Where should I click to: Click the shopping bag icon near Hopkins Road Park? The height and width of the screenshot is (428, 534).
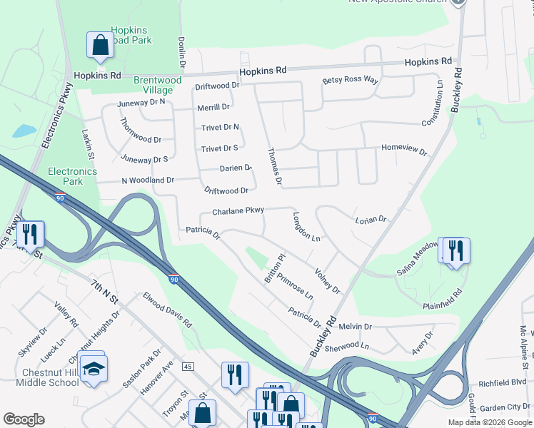(101, 45)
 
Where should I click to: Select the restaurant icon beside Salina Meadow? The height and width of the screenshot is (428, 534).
(455, 251)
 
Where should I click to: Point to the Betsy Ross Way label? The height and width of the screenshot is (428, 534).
(350, 81)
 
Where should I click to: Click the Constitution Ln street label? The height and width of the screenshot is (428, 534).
(433, 103)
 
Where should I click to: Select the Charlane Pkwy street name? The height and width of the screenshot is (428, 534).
(238, 210)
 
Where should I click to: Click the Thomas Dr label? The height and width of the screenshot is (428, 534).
(273, 167)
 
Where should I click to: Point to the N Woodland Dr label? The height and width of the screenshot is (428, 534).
(148, 180)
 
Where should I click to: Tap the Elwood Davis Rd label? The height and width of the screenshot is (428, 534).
(168, 310)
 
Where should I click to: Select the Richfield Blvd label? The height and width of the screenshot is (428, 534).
(502, 382)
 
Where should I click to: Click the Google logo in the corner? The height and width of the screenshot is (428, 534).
(24, 419)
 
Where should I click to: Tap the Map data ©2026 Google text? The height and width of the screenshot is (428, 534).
(489, 422)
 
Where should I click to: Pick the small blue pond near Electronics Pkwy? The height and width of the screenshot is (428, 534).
(24, 131)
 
